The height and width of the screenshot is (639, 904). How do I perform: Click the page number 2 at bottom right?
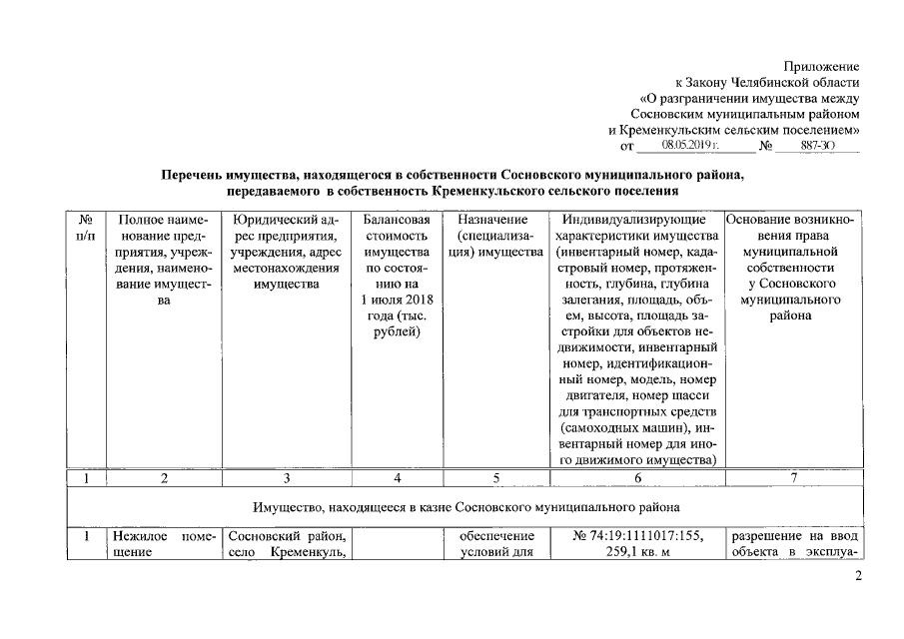(x=857, y=576)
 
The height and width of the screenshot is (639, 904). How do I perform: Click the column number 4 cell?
(x=397, y=478)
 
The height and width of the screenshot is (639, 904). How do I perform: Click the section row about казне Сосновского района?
(x=463, y=507)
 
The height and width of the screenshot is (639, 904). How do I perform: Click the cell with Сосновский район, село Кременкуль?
(x=286, y=546)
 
